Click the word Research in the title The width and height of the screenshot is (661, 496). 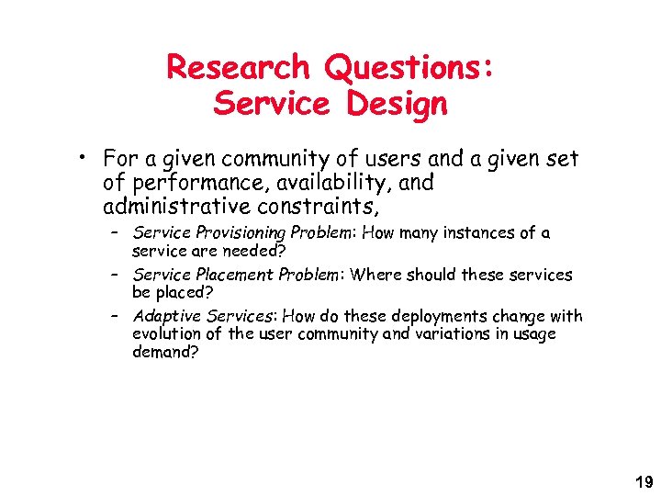[238, 67]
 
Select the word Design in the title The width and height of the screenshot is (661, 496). [397, 105]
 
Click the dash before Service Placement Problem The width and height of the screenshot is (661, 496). [116, 275]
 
